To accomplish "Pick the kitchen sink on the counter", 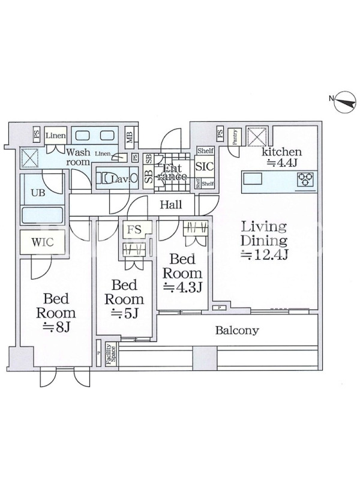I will (x=251, y=178).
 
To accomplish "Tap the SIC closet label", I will (x=203, y=169).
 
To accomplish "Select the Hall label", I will (x=172, y=205).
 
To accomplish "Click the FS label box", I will (x=133, y=229).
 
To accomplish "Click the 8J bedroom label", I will (x=56, y=312).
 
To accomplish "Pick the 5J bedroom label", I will (x=124, y=299).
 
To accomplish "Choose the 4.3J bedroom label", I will (x=183, y=273).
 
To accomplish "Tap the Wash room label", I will (x=78, y=157).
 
